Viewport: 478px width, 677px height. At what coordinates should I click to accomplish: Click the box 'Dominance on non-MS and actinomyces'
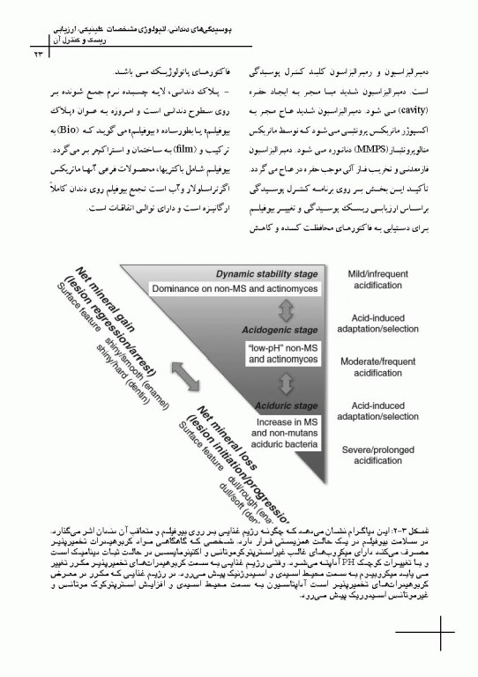[235, 288]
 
